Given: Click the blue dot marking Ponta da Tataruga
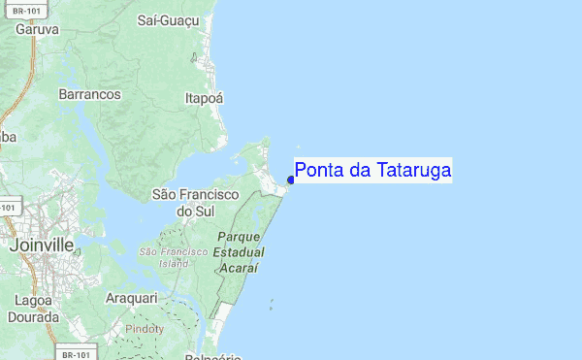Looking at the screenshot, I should tap(291, 180).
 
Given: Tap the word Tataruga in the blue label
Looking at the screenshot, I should tap(413, 171).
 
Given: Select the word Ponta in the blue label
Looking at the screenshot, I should tap(319, 171).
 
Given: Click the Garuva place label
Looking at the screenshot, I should tap(38, 29).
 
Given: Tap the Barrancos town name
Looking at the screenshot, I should tap(89, 94).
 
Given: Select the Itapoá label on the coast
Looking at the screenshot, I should tap(204, 97).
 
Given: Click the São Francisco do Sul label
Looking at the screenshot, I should tap(195, 202).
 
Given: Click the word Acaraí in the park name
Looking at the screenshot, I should tap(241, 267).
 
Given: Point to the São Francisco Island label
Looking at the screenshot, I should tap(173, 257).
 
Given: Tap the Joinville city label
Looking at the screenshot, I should tap(41, 245).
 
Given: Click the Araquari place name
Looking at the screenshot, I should tap(131, 296).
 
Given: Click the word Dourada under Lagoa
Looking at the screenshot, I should tap(34, 316).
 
